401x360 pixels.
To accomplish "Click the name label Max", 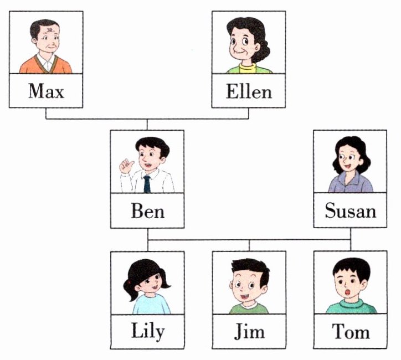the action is tap(46, 91).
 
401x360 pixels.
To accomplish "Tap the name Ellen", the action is tap(249, 91).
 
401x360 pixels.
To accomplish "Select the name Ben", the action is tap(147, 211).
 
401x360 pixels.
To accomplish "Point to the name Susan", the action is tap(350, 211).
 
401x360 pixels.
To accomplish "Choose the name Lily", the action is tap(147, 331).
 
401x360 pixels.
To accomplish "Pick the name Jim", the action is tap(249, 331).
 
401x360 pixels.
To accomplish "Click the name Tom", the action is tap(350, 331).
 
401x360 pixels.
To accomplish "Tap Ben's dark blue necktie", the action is tap(147, 183).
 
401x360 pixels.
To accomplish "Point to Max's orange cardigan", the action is tap(30, 66).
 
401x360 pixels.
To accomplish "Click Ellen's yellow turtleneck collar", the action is tap(248, 67).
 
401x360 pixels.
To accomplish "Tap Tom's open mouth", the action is tap(347, 292).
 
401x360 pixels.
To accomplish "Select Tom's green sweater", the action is tap(350, 306).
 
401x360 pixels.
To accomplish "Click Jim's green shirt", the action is tap(249, 308).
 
